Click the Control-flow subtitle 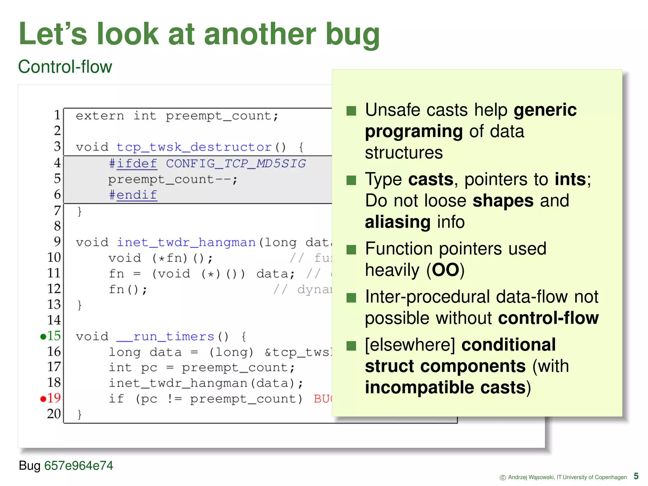pyautogui.click(x=65, y=67)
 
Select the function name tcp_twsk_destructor pyautogui.click(x=194, y=147)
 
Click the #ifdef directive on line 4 pyautogui.click(x=133, y=164)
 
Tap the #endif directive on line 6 pyautogui.click(x=133, y=195)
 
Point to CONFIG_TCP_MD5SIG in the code pyautogui.click(x=236, y=164)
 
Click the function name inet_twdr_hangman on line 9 pyautogui.click(x=186, y=242)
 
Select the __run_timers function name pyautogui.click(x=165, y=336)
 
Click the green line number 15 pyautogui.click(x=54, y=336)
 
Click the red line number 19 pyautogui.click(x=54, y=398)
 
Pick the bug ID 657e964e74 pyautogui.click(x=78, y=465)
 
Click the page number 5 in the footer pyautogui.click(x=636, y=476)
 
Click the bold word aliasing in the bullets pyautogui.click(x=397, y=222)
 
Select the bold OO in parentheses pyautogui.click(x=445, y=270)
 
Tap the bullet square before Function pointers pyautogui.click(x=351, y=250)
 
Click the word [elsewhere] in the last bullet pyautogui.click(x=410, y=345)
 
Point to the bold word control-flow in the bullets pyautogui.click(x=548, y=318)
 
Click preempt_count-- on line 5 pyautogui.click(x=172, y=179)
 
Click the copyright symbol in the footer pyautogui.click(x=502, y=477)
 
